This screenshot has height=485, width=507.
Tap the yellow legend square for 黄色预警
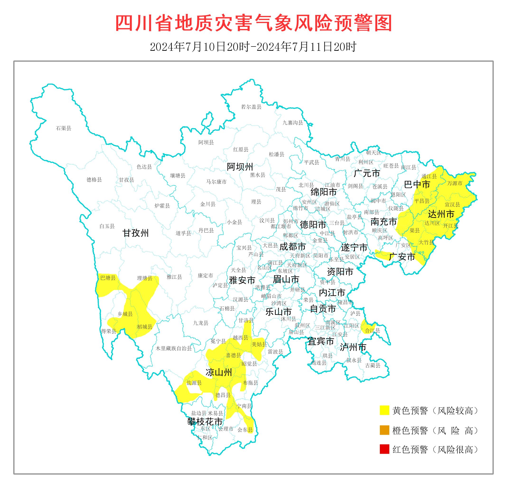[x=384, y=410]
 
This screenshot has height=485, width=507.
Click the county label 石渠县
[x=63, y=128]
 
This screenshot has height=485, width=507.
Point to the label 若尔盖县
[x=251, y=107]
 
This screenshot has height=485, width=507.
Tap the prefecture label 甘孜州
[x=135, y=233]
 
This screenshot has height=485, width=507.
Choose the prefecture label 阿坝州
[x=240, y=167]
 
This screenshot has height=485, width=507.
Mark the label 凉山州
[x=219, y=372]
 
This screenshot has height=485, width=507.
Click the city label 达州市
[x=441, y=214]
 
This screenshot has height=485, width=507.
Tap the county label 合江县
[x=372, y=330]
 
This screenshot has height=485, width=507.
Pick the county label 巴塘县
[x=108, y=278]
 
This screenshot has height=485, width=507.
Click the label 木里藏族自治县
[x=173, y=349]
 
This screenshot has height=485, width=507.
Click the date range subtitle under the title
[x=253, y=47]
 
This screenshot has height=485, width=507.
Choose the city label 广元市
[x=367, y=173]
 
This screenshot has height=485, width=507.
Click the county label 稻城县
[x=144, y=327]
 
